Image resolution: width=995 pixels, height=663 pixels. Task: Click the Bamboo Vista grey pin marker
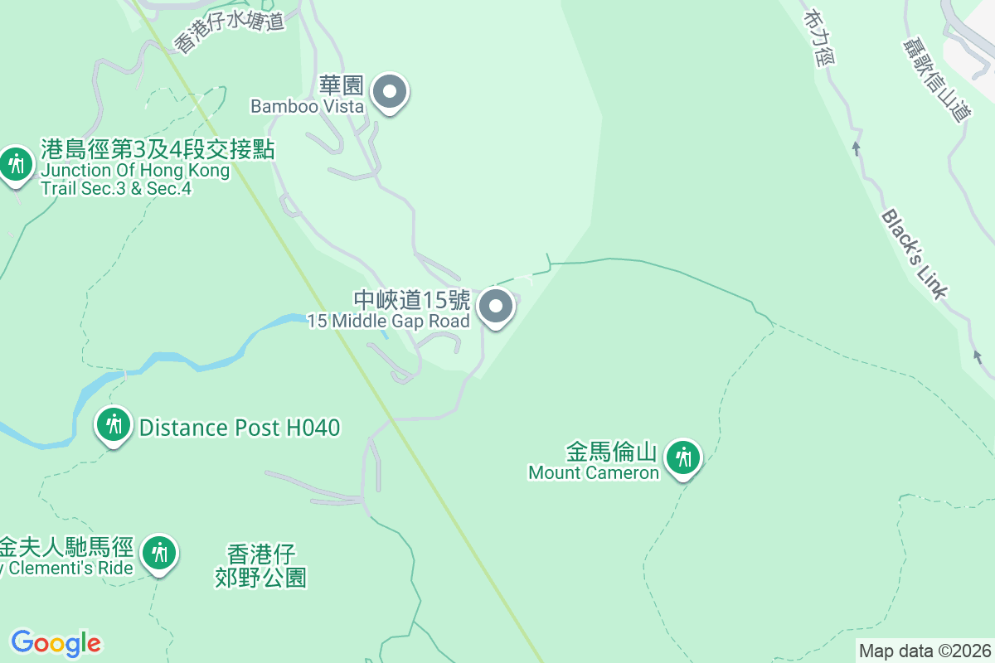pyautogui.click(x=390, y=93)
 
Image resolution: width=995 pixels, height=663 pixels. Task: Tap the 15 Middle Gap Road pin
pyautogui.click(x=496, y=307)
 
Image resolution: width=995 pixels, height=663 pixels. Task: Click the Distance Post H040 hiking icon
pyautogui.click(x=114, y=425)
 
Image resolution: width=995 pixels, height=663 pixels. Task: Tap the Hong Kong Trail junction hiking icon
pyautogui.click(x=16, y=164)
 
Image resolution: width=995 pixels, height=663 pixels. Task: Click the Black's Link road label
pyautogui.click(x=913, y=254)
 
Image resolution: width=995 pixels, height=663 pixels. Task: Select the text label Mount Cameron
pyautogui.click(x=594, y=473)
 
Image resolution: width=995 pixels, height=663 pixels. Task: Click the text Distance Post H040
pyautogui.click(x=240, y=428)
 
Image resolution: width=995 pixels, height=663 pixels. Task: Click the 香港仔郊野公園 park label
pyautogui.click(x=261, y=565)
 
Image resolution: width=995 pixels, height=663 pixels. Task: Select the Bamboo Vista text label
pyautogui.click(x=307, y=107)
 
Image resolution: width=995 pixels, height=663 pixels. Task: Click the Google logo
pyautogui.click(x=56, y=643)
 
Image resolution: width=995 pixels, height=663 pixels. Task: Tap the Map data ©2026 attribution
pyautogui.click(x=925, y=651)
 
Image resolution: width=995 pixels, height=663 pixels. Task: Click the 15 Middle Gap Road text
pyautogui.click(x=389, y=322)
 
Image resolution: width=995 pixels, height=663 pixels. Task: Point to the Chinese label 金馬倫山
pyautogui.click(x=612, y=452)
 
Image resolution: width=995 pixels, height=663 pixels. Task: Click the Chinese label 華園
pyautogui.click(x=342, y=85)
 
